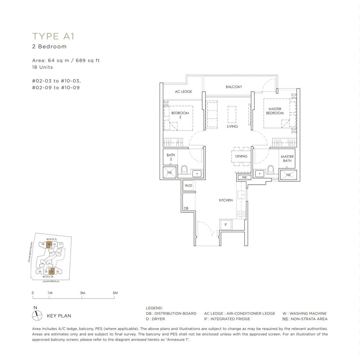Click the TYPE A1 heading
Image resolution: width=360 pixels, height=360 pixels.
53,36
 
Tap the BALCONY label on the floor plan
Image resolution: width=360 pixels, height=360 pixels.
234,87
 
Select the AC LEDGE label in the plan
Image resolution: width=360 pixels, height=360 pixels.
183,91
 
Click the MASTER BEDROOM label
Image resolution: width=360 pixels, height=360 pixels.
275,111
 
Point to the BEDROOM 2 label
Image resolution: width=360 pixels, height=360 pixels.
180,115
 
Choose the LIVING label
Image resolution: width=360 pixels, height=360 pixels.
232,126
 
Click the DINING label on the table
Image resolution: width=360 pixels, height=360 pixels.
241,156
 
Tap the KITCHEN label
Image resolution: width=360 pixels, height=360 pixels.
226,200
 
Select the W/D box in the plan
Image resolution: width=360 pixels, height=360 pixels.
188,186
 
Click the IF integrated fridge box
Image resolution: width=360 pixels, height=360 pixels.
226,224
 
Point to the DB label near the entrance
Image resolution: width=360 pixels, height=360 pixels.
186,208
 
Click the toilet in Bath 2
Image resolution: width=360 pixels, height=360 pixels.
184,169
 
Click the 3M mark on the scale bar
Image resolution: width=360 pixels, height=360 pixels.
82,293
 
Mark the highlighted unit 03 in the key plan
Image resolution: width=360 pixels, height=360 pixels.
51,271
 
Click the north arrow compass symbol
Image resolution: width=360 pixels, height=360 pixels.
37,316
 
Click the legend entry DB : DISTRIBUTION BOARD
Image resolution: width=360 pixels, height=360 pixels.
171,314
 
